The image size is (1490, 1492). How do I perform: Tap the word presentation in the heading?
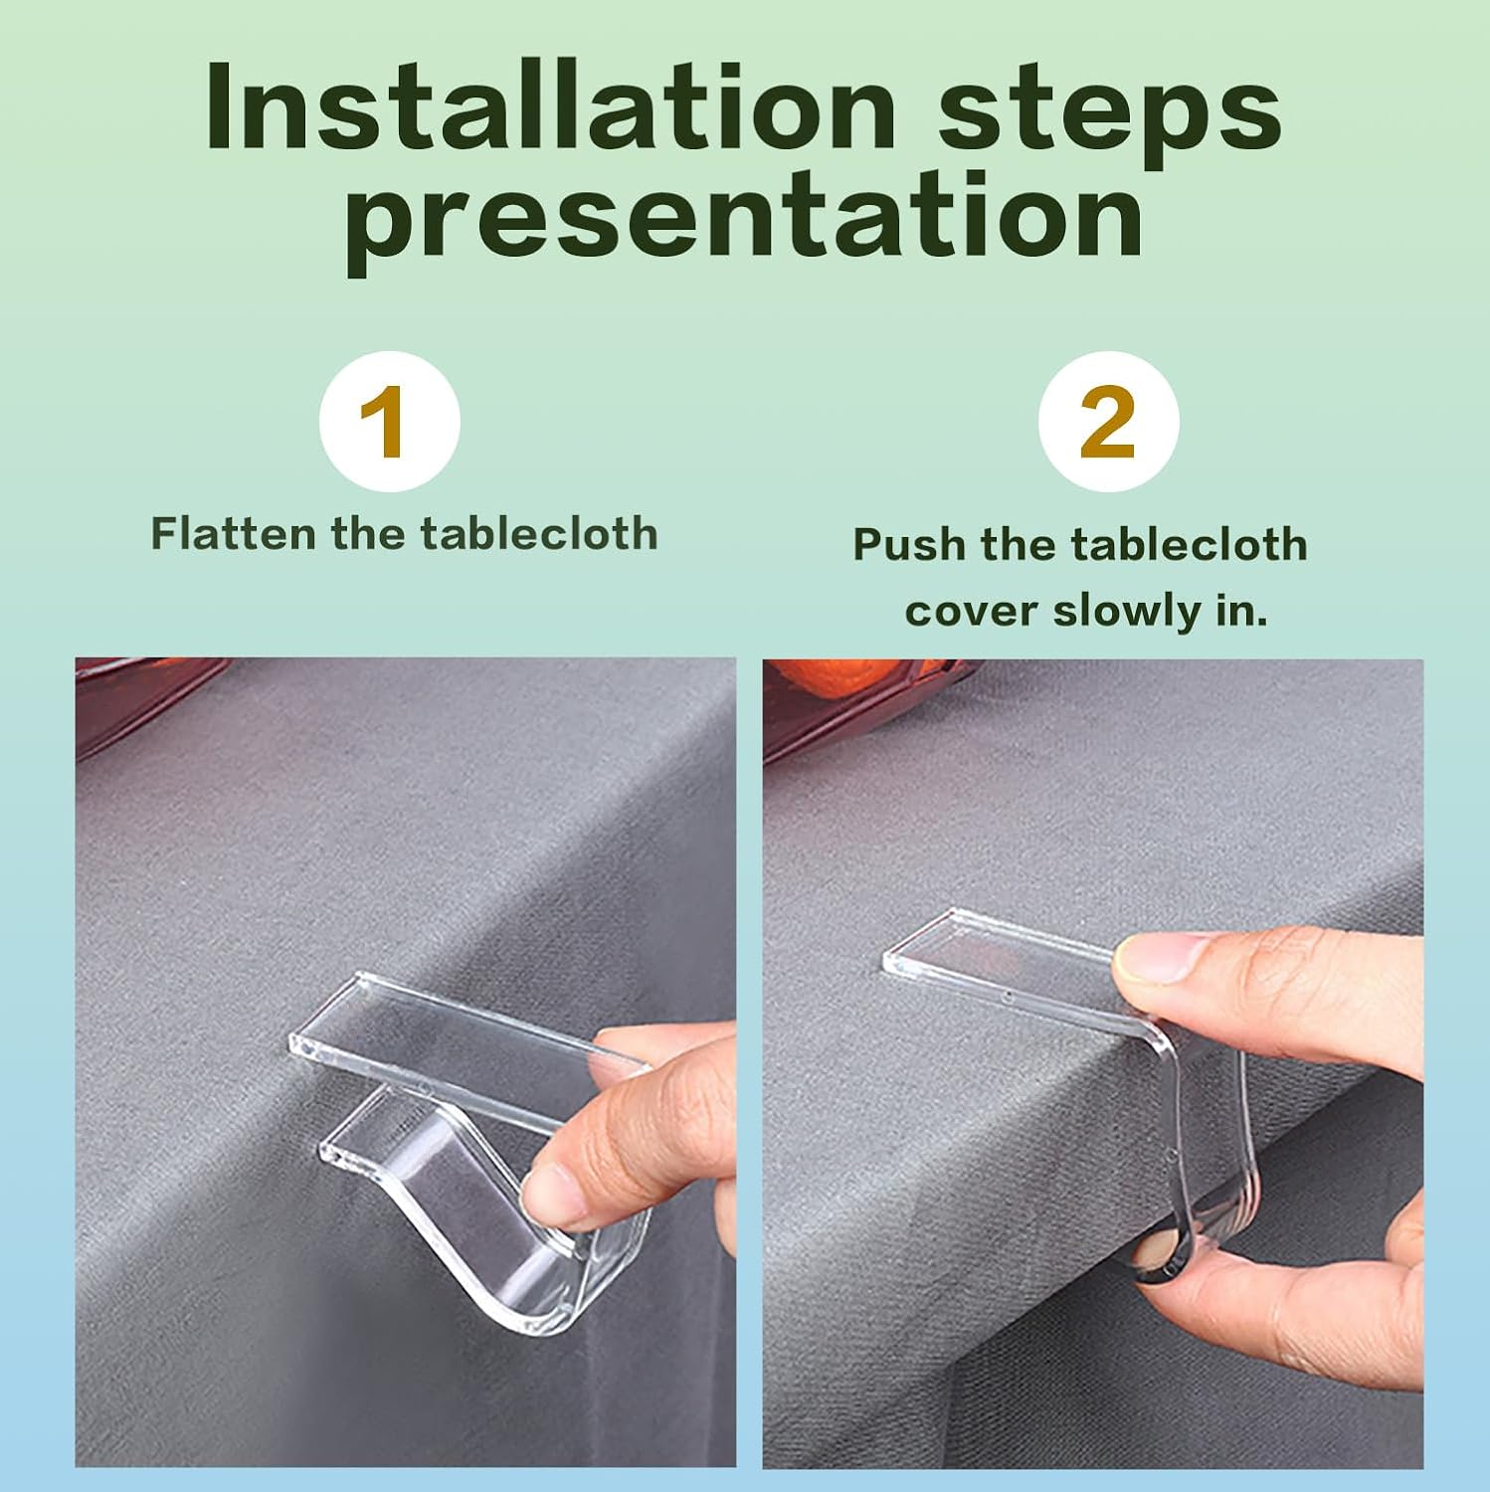tap(745, 223)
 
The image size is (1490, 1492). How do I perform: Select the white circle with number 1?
tap(389, 421)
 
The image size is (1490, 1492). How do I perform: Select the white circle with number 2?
tap(1108, 421)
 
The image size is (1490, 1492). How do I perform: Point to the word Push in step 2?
tap(910, 545)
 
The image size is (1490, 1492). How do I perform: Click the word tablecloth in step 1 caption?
tap(538, 533)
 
